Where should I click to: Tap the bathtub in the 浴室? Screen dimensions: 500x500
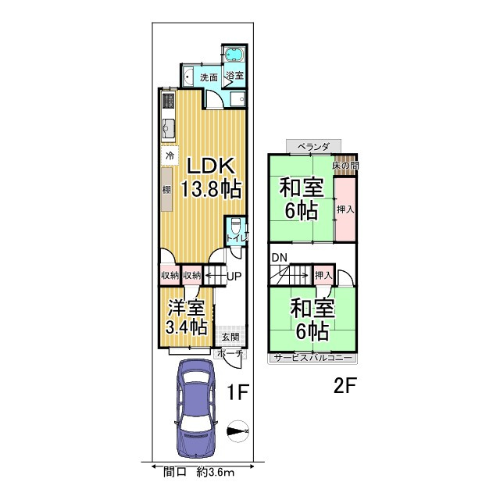pos(234,54)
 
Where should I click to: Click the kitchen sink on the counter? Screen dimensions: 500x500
pos(168,127)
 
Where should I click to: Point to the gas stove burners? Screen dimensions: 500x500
pos(168,100)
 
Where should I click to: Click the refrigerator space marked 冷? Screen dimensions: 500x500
pos(170,155)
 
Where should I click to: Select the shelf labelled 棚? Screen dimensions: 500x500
pos(166,189)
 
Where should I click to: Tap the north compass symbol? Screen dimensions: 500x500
pos(237,431)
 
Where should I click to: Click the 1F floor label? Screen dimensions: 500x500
pos(237,392)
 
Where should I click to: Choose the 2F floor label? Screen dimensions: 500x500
pos(345,385)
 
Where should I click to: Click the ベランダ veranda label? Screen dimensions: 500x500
pos(313,147)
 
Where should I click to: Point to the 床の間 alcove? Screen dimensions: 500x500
pos(345,166)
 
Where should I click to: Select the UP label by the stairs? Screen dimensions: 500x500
pos(234,276)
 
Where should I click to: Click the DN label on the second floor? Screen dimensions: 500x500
pos(280,257)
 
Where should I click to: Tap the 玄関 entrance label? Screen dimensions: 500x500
pos(230,337)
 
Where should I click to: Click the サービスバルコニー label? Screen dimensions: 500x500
pos(313,358)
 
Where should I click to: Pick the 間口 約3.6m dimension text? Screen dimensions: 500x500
pos(199,472)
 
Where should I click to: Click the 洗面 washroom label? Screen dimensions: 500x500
pos(209,77)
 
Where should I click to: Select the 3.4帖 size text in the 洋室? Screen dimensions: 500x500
pos(187,327)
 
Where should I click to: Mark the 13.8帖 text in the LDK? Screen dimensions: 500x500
pos(211,189)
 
